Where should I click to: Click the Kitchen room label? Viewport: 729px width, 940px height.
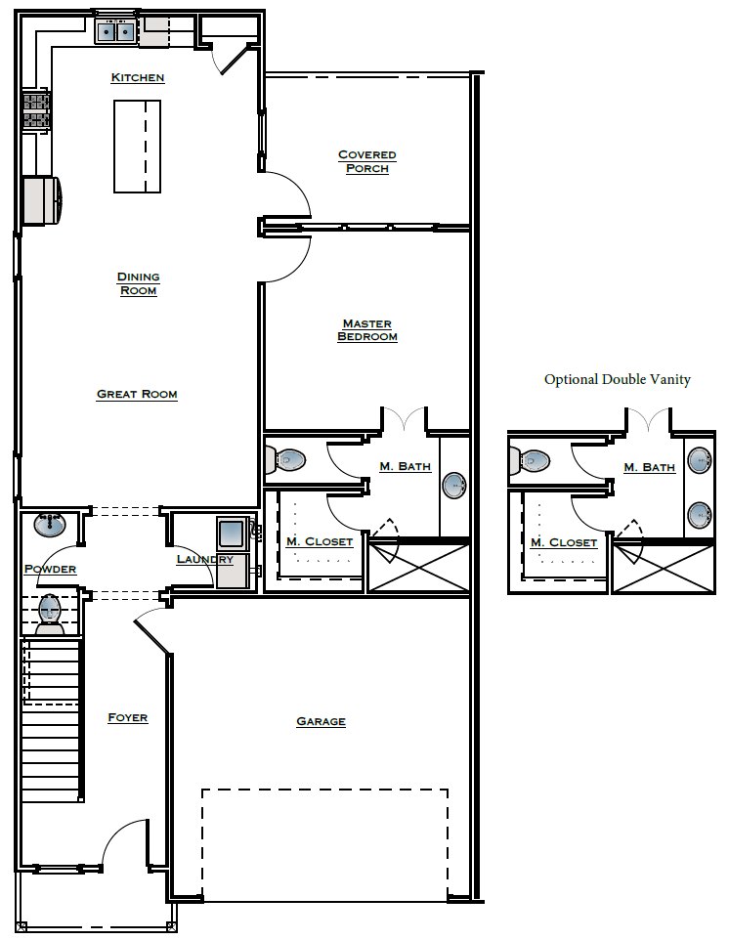(x=138, y=78)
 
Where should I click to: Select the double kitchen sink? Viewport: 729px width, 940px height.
(x=115, y=32)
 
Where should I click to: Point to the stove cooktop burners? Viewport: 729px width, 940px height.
(x=36, y=109)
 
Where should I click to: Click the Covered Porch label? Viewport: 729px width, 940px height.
(x=366, y=161)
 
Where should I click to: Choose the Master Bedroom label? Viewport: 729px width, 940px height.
(x=366, y=330)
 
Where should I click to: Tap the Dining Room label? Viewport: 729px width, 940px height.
(x=138, y=283)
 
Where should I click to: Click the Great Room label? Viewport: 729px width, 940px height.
(x=137, y=395)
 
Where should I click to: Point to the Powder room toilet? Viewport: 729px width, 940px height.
(x=50, y=611)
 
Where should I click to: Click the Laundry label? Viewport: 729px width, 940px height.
(x=204, y=560)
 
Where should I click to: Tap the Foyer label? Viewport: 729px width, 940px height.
(x=127, y=718)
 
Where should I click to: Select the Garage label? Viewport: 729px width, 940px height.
(x=321, y=722)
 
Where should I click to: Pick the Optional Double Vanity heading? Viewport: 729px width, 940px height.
(x=617, y=380)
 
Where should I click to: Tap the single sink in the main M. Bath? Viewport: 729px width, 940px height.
(x=454, y=486)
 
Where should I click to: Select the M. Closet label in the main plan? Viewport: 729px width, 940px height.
(x=320, y=542)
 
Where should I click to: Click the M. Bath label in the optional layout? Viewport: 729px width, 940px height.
(x=649, y=468)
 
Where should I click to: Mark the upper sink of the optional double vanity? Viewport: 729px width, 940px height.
(x=699, y=460)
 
